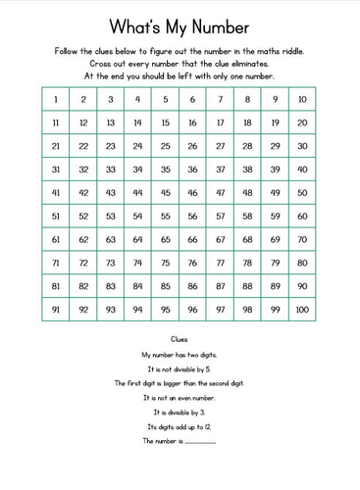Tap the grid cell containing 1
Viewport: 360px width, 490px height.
[x=56, y=99]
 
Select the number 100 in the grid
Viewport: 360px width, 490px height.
[x=302, y=310]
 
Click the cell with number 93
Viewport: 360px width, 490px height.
[x=111, y=310]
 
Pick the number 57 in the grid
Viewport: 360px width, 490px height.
[x=220, y=216]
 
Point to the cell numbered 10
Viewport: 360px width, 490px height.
[x=302, y=99]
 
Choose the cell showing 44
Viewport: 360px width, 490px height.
[x=138, y=193]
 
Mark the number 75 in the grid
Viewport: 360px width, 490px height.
[x=166, y=263]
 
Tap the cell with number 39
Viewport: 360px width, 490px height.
[x=275, y=170]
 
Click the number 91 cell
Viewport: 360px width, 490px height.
[x=56, y=310]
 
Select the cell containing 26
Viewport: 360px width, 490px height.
[x=192, y=146]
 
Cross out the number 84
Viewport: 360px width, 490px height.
[x=138, y=286]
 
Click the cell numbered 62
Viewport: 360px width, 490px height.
[x=83, y=239]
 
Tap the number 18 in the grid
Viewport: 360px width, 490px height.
[x=247, y=122]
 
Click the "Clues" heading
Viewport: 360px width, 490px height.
[x=180, y=338]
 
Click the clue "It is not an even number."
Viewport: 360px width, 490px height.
[x=180, y=398]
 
